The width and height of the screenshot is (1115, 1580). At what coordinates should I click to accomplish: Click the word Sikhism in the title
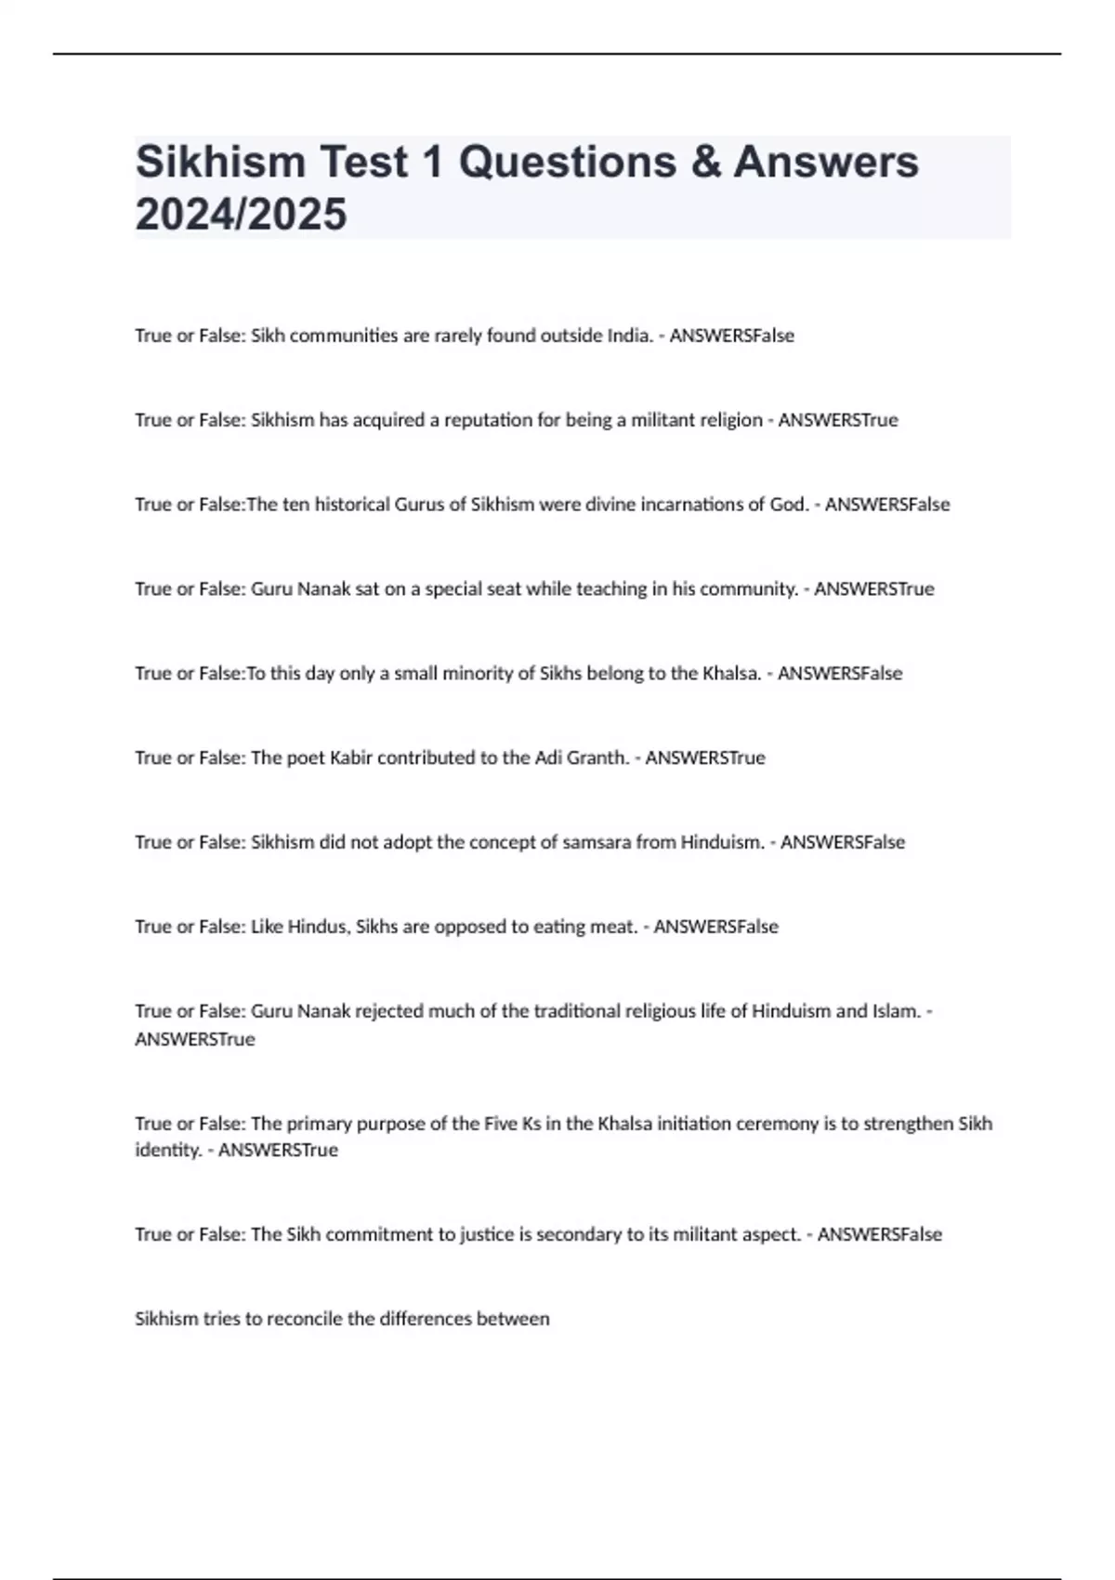point(220,162)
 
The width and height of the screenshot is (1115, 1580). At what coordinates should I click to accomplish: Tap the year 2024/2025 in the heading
point(241,215)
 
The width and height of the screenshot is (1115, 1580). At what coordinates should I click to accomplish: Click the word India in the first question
point(629,336)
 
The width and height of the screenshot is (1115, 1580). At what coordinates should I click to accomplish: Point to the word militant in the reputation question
point(663,420)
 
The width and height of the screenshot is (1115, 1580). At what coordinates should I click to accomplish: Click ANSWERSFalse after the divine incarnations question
point(887,505)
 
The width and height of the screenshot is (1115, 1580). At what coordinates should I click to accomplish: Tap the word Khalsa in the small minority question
point(731,674)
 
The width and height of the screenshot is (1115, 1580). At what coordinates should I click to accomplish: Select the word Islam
point(896,1011)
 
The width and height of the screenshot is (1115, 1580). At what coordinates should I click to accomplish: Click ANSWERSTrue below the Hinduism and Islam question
point(195,1039)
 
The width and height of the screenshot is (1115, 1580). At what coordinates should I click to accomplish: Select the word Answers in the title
point(826,162)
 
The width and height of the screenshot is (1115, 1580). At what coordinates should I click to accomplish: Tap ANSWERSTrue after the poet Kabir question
point(705,758)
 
